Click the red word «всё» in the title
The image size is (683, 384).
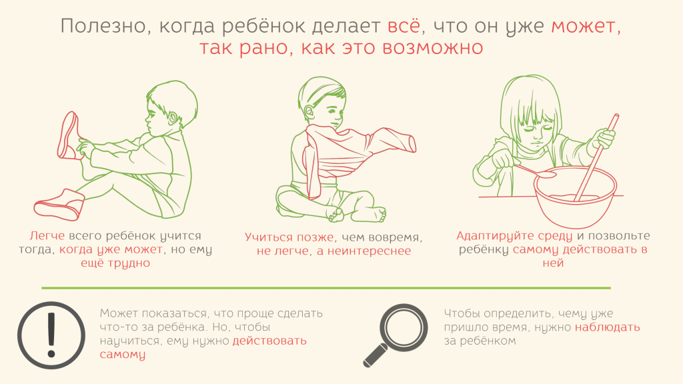pos(404,26)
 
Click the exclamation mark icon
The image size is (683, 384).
pos(51,335)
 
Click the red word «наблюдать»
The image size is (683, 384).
pos(607,327)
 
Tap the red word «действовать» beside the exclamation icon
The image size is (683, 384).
pos(269,341)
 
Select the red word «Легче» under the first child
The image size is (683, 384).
pos(47,236)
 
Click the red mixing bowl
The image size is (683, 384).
pos(576,197)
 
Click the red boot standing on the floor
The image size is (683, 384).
pos(59,205)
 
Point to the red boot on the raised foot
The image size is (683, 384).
pos(69,135)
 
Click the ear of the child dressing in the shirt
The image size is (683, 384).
pos(309,112)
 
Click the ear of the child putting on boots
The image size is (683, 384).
pos(173,118)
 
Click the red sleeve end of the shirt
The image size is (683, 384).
pos(411,144)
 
